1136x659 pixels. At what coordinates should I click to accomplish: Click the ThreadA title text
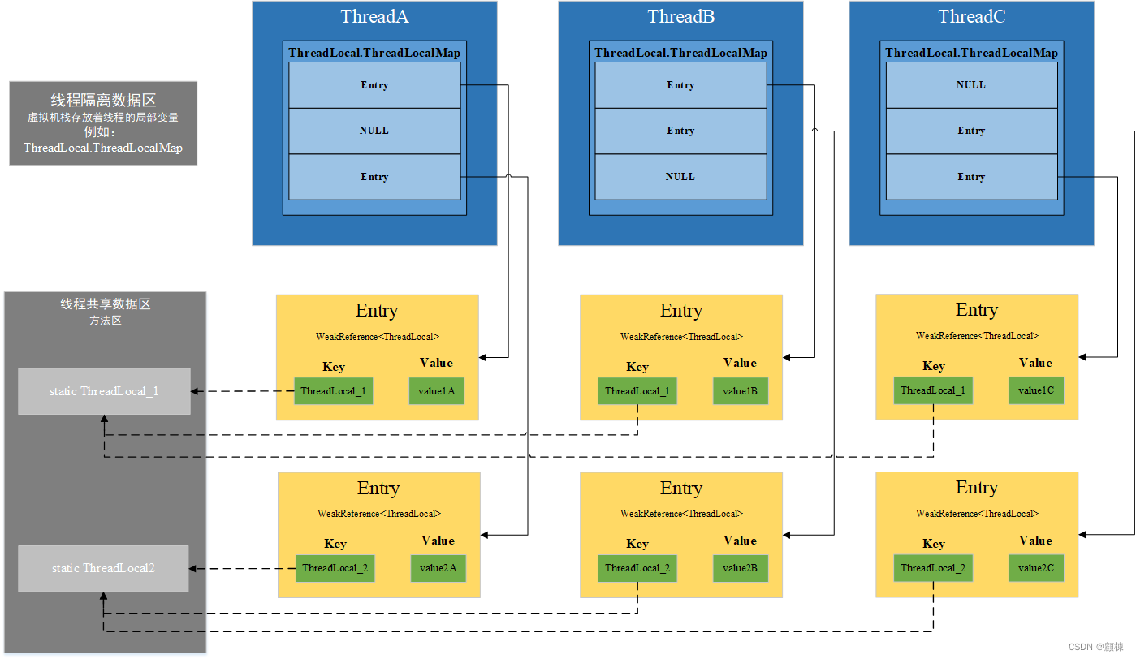tap(374, 16)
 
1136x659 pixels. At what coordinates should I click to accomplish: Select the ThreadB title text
tap(680, 16)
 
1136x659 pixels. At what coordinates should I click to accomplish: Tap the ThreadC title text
tap(971, 16)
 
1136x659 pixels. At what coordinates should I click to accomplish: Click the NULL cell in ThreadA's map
tap(374, 131)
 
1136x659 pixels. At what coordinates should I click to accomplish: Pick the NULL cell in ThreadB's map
tap(680, 177)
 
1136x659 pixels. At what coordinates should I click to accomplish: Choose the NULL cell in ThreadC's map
tap(971, 85)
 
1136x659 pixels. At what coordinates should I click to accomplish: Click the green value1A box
tap(437, 391)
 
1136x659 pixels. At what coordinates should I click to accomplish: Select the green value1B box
tap(741, 391)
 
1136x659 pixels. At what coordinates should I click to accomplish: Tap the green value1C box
tap(1036, 390)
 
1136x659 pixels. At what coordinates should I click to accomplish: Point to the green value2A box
tap(438, 568)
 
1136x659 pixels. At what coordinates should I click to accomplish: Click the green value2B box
tap(741, 568)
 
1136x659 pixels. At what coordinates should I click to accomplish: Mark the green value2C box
tap(1036, 568)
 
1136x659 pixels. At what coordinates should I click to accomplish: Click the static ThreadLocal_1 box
tap(104, 391)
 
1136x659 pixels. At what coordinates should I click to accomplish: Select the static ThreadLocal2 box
tap(103, 568)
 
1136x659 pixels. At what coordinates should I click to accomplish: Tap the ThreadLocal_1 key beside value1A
tap(333, 391)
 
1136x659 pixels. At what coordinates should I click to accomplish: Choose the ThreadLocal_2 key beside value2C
tap(932, 568)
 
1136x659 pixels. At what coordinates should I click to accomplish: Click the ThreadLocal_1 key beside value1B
tap(637, 391)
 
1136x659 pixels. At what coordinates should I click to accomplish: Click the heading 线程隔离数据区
tap(103, 101)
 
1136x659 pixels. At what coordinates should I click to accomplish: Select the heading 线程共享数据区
tap(106, 304)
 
